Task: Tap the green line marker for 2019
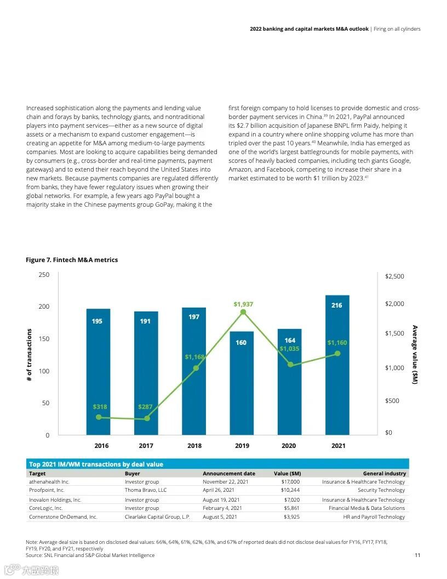coord(243,313)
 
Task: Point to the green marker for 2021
coord(337,354)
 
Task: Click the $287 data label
coord(146,407)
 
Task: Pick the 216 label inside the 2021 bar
coord(337,305)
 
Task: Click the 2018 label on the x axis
coord(194,446)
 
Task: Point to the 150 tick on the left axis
coord(43,339)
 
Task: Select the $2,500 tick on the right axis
coord(394,276)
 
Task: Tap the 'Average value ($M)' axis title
coord(415,355)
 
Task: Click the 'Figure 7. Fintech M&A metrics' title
coord(72,260)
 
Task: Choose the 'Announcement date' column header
coord(229,474)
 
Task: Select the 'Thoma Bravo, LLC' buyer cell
coord(146,490)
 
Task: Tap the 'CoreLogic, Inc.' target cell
coord(46,508)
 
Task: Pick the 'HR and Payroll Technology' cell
coord(374,517)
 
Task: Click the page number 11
coord(417,555)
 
